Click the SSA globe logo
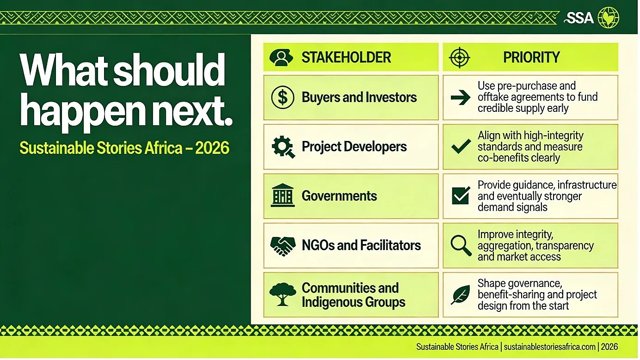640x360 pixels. [x=608, y=18]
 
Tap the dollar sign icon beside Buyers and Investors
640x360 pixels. [x=283, y=98]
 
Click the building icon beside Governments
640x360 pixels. [x=283, y=195]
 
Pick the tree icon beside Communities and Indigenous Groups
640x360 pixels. [x=283, y=294]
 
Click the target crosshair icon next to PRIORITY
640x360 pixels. [x=459, y=57]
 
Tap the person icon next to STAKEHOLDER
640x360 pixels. [x=281, y=57]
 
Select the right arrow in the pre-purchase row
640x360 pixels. [x=460, y=98]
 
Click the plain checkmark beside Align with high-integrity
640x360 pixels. [x=461, y=146]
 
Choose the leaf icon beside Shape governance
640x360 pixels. [x=460, y=295]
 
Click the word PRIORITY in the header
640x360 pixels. [x=531, y=57]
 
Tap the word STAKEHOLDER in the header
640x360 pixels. [x=346, y=57]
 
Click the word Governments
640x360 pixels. [x=339, y=196]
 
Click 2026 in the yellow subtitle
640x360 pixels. [x=212, y=147]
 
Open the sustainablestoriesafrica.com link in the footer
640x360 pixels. [x=549, y=347]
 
